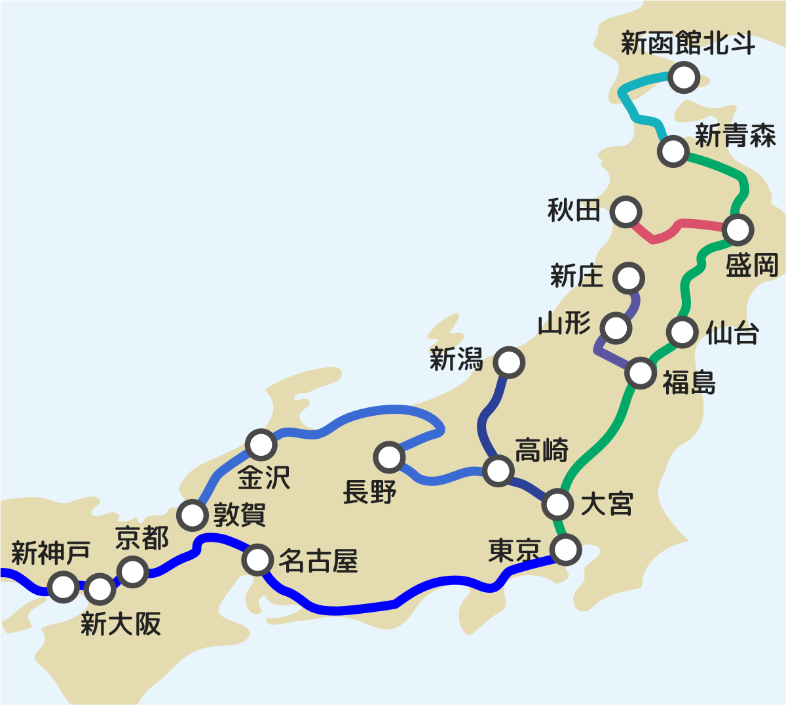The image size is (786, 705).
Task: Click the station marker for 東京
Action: click(x=565, y=549)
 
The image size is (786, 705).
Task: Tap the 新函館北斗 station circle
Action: click(x=684, y=77)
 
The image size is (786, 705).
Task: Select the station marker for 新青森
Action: click(x=673, y=151)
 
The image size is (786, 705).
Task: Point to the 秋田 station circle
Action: click(x=626, y=212)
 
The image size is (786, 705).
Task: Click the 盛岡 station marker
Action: click(x=738, y=230)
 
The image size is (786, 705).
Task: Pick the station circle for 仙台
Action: click(x=682, y=331)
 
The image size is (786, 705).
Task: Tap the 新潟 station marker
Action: click(x=509, y=362)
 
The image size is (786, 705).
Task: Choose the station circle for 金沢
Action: click(x=261, y=445)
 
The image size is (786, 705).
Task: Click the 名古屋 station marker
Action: click(x=257, y=559)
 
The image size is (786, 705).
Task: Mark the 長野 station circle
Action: click(x=389, y=456)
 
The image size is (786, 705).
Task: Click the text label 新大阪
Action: click(x=121, y=624)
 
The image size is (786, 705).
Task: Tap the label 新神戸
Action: click(x=50, y=553)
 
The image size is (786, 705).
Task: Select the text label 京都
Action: click(x=142, y=538)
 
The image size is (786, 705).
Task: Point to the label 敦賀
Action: click(x=240, y=515)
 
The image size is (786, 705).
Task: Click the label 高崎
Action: click(x=542, y=451)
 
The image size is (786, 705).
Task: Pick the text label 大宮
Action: click(x=607, y=504)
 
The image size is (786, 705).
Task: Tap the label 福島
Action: click(x=688, y=382)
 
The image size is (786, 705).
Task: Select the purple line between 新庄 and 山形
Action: click(x=633, y=304)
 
